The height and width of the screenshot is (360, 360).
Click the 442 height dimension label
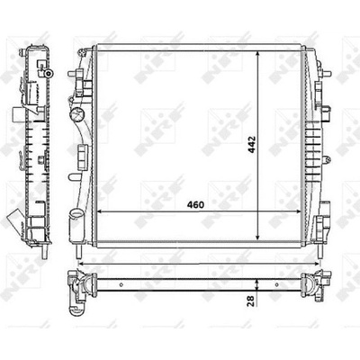coord(252,145)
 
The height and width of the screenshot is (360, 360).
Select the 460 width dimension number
coord(195,205)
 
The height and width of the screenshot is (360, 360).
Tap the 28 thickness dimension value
coord(251,301)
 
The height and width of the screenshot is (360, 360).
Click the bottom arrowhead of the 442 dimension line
coord(257,237)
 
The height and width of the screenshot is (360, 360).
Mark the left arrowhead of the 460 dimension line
coord(101,211)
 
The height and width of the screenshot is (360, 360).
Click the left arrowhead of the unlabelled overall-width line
coord(81,264)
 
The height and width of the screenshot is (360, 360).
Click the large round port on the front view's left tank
coord(76,114)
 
